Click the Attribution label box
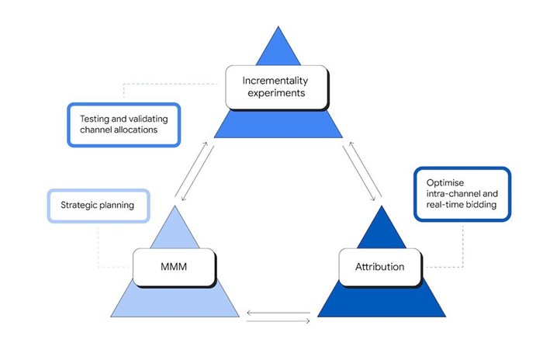(379, 266)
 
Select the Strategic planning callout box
(99, 206)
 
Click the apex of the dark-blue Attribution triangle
(380, 205)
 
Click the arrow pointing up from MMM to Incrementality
(189, 168)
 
